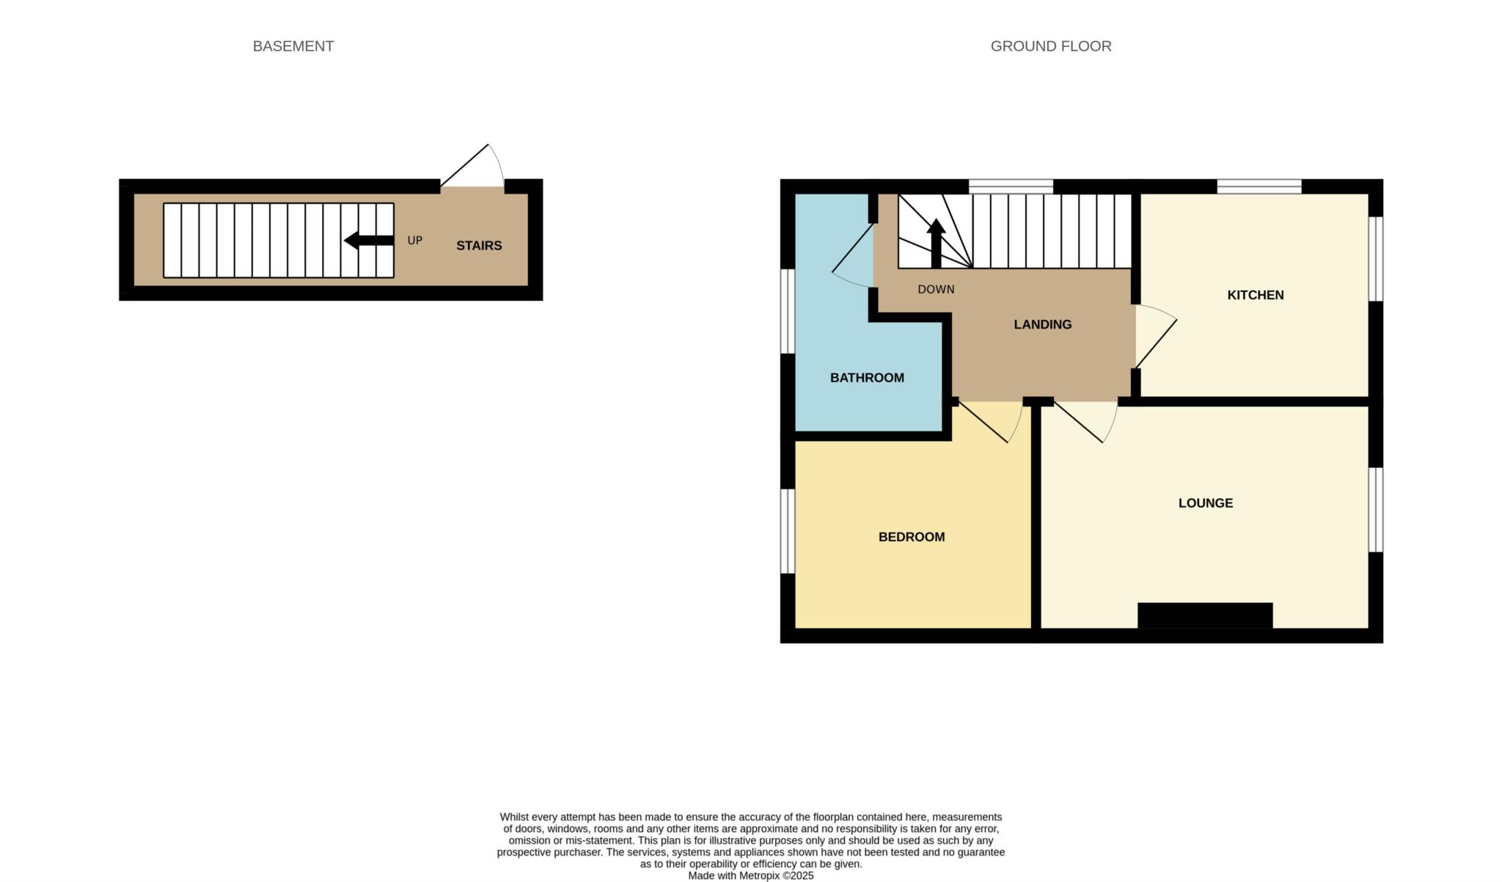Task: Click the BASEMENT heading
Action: pyautogui.click(x=293, y=46)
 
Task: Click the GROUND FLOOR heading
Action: pyautogui.click(x=1050, y=46)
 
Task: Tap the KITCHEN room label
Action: pyautogui.click(x=1255, y=295)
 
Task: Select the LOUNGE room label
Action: pyautogui.click(x=1205, y=503)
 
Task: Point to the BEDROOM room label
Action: pyautogui.click(x=911, y=537)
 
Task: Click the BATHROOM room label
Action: pyautogui.click(x=867, y=378)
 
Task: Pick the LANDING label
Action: pyautogui.click(x=1042, y=324)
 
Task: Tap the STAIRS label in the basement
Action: pyautogui.click(x=479, y=246)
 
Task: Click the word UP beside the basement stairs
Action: pyautogui.click(x=414, y=241)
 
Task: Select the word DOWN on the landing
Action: pyautogui.click(x=936, y=290)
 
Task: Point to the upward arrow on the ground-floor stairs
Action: pyautogui.click(x=936, y=243)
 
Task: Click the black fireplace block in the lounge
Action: pyautogui.click(x=1204, y=615)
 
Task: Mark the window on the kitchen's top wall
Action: pyautogui.click(x=1259, y=186)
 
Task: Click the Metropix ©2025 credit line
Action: pyautogui.click(x=750, y=875)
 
